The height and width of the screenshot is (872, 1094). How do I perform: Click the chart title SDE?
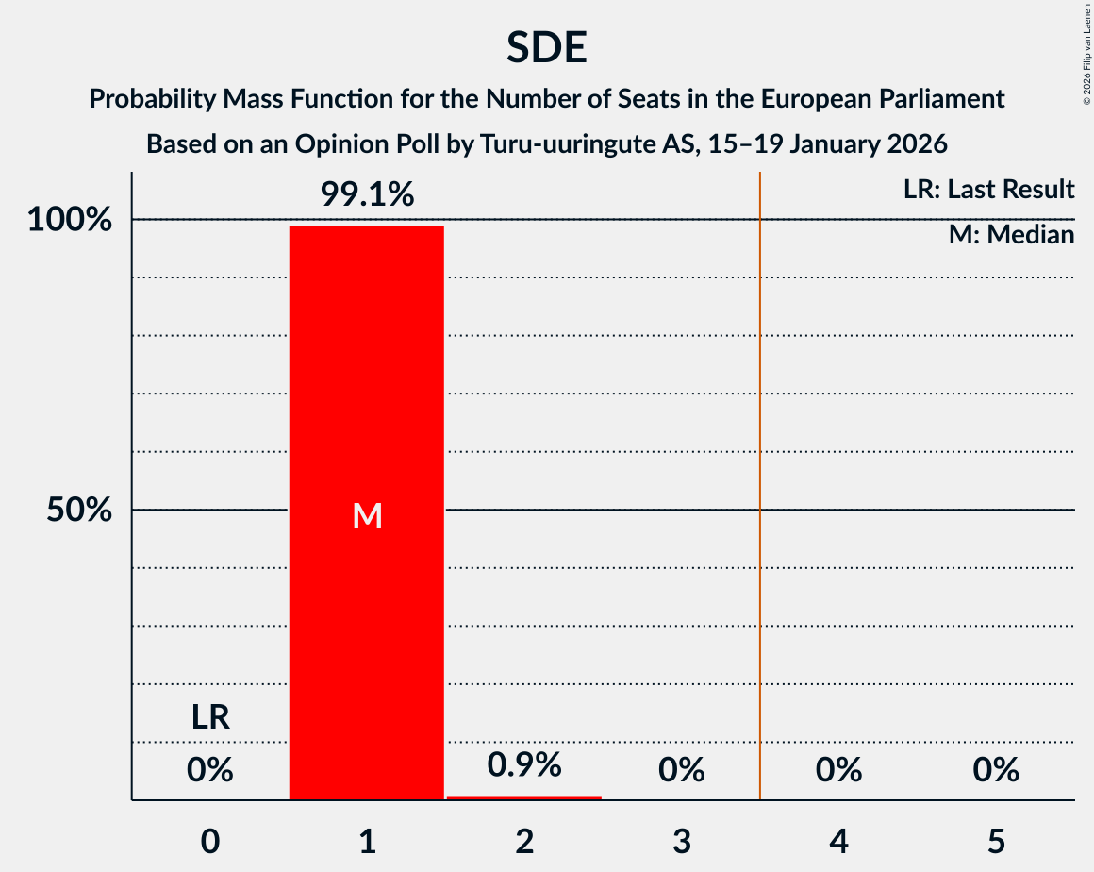(547, 47)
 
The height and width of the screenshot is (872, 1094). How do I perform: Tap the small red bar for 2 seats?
(524, 797)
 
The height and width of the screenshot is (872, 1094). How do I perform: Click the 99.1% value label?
(367, 194)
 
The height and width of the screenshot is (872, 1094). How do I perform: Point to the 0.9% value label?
(524, 764)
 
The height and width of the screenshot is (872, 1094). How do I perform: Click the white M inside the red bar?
(367, 515)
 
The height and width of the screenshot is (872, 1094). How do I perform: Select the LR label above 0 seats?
(209, 718)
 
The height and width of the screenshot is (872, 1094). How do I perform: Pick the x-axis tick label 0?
(209, 841)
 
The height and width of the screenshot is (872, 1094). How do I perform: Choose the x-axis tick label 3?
(682, 841)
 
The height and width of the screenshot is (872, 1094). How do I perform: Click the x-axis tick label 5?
(996, 841)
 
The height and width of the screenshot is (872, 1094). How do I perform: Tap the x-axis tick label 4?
(838, 841)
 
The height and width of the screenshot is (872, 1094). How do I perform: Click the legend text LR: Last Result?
(988, 190)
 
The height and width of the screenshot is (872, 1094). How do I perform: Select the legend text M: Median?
(1011, 235)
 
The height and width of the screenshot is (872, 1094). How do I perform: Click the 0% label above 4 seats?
(838, 771)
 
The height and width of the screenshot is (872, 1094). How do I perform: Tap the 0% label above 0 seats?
(209, 771)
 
